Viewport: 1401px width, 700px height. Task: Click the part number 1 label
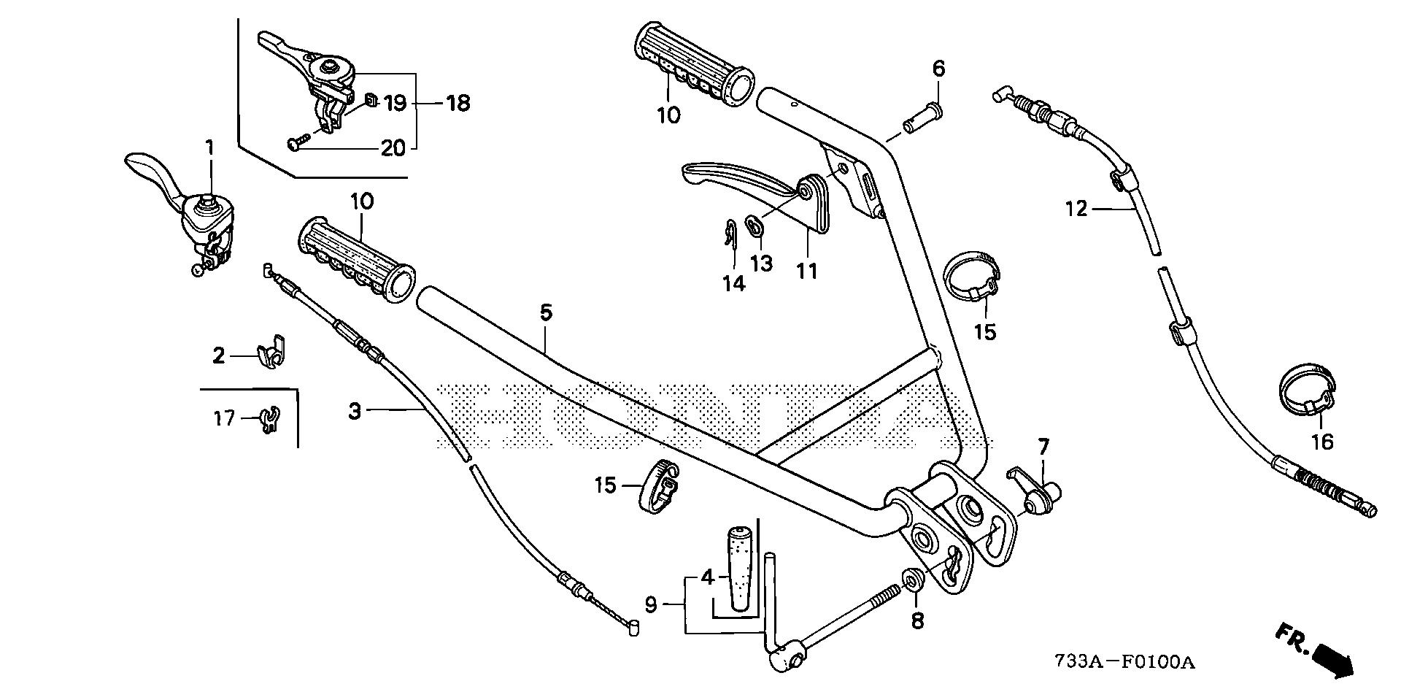tap(210, 148)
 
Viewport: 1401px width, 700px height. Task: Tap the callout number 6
tap(938, 69)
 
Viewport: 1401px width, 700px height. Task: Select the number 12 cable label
tap(1076, 209)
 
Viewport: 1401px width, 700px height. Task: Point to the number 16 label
tap(1322, 442)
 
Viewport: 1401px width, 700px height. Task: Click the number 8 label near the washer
tap(917, 620)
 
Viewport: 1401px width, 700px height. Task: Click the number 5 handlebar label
tap(546, 314)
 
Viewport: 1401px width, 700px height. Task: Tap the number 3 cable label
tap(355, 412)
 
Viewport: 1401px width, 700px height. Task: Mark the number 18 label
tap(458, 104)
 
